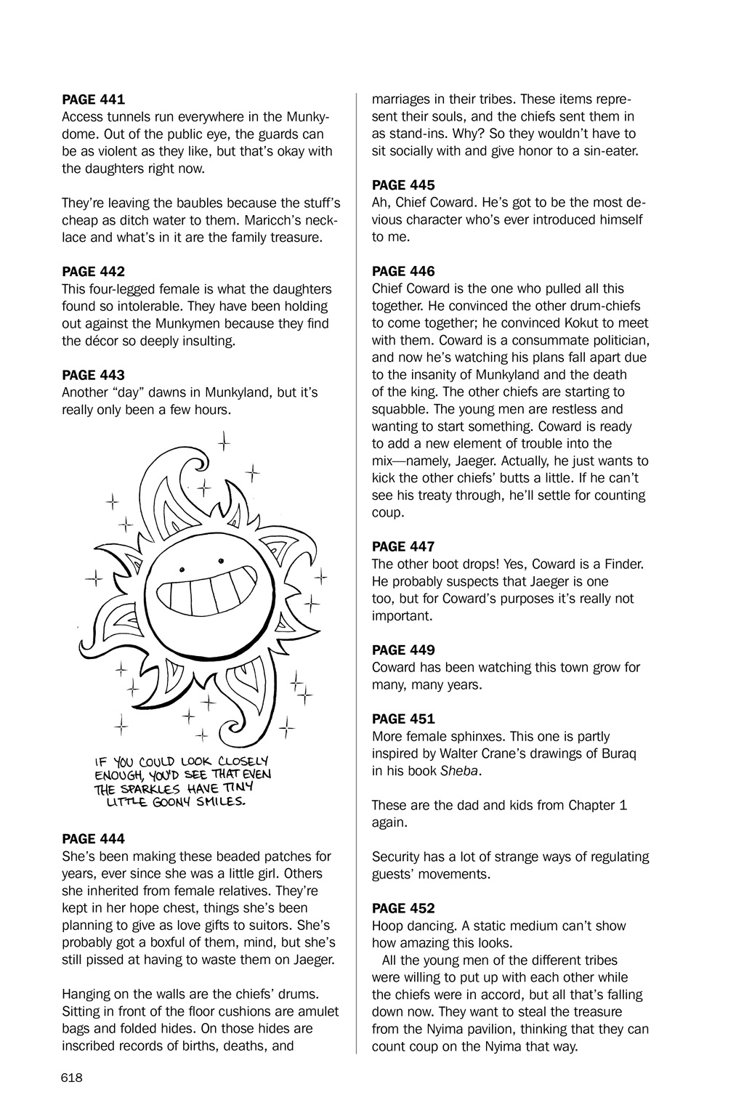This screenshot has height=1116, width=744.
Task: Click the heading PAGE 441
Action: (94, 99)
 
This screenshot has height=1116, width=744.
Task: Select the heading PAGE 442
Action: (94, 272)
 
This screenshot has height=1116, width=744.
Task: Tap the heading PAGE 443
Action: (94, 375)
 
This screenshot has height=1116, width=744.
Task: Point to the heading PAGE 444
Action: (94, 839)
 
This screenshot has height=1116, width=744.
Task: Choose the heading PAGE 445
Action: (403, 185)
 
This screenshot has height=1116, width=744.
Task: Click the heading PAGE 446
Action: (403, 271)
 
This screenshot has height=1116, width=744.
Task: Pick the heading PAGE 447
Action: (403, 546)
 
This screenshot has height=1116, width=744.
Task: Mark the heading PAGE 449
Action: (403, 650)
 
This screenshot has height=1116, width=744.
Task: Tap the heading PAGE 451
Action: (403, 719)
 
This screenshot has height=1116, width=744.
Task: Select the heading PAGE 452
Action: (403, 908)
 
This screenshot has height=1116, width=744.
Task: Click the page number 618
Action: (73, 1077)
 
